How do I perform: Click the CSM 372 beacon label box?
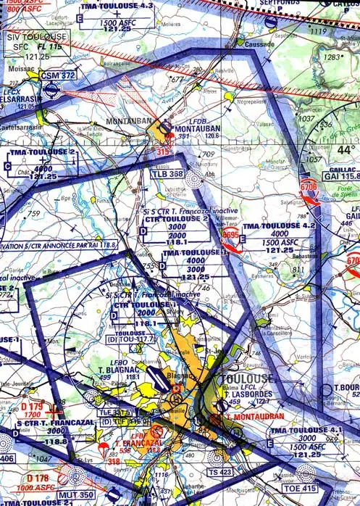[x=59, y=75]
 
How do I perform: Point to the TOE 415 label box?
[x=290, y=479]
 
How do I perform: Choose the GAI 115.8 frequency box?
[x=340, y=176]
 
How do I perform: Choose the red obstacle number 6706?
[x=308, y=187]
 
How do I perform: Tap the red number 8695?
[x=231, y=235]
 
